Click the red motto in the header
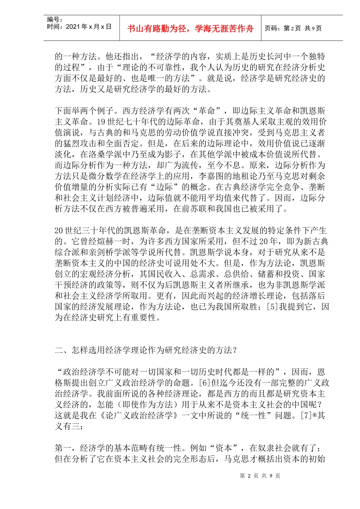tap(190, 29)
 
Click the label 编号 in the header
tap(54, 19)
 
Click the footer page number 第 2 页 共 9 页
tap(260, 476)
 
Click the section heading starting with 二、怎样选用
tap(146, 350)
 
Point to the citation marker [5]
tap(272, 307)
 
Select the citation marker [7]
tap(306, 415)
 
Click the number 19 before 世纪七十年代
tap(101, 122)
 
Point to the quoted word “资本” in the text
tap(226, 448)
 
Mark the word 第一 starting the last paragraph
tap(63, 448)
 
